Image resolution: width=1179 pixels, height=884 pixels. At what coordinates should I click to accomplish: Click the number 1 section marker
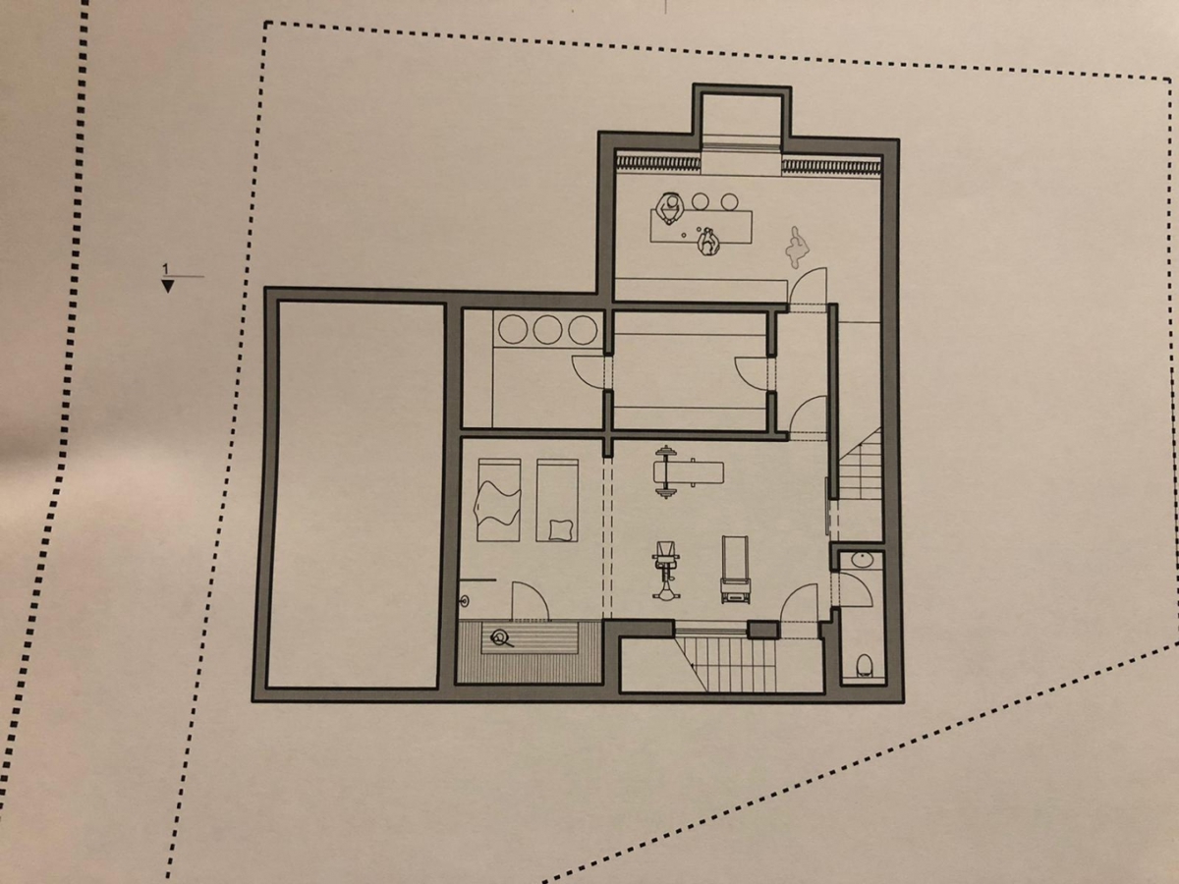pos(166,268)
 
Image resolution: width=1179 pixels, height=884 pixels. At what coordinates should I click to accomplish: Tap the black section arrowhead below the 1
pos(167,286)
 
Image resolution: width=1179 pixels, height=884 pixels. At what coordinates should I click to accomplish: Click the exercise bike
pos(666,570)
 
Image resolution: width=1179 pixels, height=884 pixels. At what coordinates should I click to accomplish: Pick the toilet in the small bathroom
pos(864,665)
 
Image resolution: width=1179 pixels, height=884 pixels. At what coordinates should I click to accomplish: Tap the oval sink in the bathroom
pos(862,561)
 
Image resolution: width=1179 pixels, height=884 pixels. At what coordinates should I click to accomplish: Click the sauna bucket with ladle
pos(502,639)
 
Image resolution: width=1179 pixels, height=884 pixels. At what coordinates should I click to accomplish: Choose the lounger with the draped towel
pos(498,499)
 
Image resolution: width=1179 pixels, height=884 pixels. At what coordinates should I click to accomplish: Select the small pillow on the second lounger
pos(560,529)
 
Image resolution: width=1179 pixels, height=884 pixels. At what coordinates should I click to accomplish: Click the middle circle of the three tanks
pos(547,329)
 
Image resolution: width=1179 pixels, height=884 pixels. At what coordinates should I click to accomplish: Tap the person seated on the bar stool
pos(671,209)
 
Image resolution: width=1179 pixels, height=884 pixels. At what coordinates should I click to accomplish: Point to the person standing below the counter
pos(706,241)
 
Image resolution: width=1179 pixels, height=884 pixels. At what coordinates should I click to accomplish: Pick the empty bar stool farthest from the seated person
pos(729,200)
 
